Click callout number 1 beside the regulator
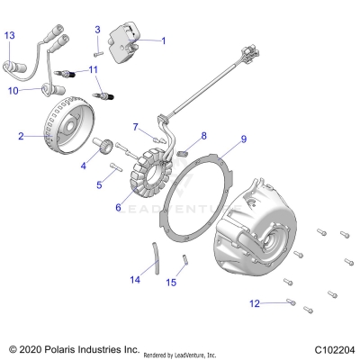[163, 40]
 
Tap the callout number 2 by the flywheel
[20, 137]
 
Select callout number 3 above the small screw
[97, 31]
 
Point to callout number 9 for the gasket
[242, 140]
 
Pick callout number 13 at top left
[10, 35]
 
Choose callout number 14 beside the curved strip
[135, 280]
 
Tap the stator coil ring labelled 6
[158, 175]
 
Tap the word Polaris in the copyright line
[67, 347]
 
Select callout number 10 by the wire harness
[13, 91]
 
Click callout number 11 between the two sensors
[94, 70]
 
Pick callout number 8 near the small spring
[204, 136]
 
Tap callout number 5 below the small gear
[100, 184]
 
